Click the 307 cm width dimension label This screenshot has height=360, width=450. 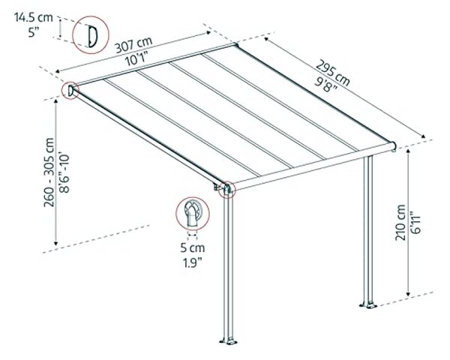point(133,46)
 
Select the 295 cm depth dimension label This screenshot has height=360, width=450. point(333,73)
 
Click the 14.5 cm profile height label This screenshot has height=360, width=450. point(34,17)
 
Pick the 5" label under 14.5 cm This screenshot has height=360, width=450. point(34,32)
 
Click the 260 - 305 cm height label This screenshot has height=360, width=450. point(49,172)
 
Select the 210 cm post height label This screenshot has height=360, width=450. point(400,223)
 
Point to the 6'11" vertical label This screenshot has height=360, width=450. point(415,223)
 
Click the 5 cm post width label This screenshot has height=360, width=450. point(193,247)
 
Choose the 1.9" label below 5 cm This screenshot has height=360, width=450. point(193,262)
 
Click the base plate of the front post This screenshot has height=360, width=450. point(229,342)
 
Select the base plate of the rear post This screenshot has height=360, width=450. point(368,305)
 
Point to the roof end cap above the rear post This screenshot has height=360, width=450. point(394,146)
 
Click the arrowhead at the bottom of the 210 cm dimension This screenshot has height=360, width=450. point(409,294)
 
